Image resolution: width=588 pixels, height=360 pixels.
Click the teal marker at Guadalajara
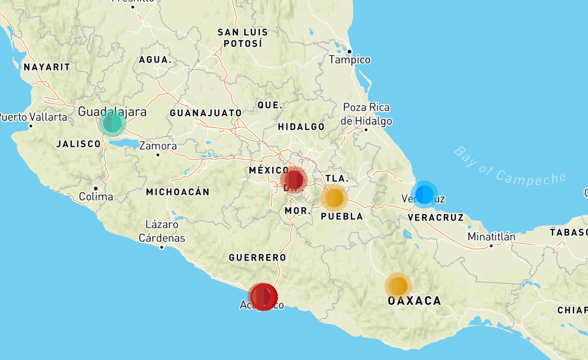[112, 123]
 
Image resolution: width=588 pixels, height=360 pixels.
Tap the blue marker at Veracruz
[424, 194]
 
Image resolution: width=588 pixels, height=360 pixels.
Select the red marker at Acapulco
[263, 296]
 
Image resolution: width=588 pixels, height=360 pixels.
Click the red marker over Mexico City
[294, 180]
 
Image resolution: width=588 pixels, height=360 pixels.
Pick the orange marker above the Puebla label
[334, 198]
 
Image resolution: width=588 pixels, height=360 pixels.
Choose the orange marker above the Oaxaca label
[398, 286]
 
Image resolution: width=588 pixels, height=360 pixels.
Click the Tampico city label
[349, 60]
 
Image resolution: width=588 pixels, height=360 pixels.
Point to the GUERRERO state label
[257, 257]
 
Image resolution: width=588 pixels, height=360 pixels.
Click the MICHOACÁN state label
[177, 192]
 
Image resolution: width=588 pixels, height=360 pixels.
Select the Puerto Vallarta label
[33, 117]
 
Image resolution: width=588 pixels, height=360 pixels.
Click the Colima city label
[96, 196]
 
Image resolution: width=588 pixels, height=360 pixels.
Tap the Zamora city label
[158, 146]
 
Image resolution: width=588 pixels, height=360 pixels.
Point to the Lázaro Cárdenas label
[162, 232]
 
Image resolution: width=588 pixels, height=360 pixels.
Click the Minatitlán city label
[491, 237]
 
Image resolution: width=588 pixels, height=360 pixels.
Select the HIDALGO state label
[301, 127]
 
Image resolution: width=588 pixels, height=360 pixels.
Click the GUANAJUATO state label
[206, 113]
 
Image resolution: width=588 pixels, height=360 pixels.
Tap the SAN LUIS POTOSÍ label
[243, 38]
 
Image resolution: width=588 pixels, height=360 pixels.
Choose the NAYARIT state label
[47, 67]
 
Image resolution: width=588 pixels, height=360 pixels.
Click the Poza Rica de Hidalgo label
[367, 114]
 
